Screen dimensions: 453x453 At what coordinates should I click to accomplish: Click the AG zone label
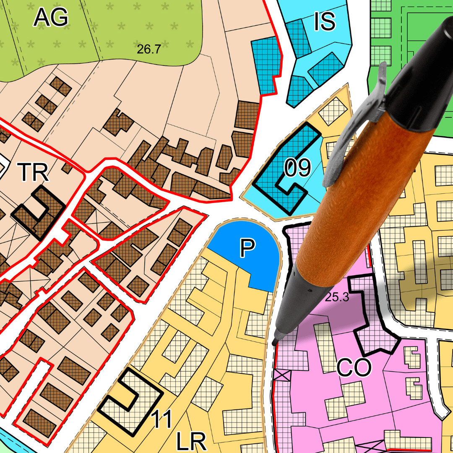[x=51, y=17]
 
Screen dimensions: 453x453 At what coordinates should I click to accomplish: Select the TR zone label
[x=33, y=172]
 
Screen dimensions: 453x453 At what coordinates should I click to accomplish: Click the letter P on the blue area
[x=247, y=248]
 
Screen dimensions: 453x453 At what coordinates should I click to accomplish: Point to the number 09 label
[x=297, y=168]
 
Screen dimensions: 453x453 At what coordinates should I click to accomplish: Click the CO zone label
[x=354, y=368]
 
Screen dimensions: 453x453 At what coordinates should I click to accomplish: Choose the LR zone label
[x=191, y=442]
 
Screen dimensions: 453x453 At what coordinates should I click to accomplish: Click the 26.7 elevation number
[x=149, y=49]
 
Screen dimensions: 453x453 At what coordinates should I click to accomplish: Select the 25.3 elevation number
[x=337, y=298]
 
